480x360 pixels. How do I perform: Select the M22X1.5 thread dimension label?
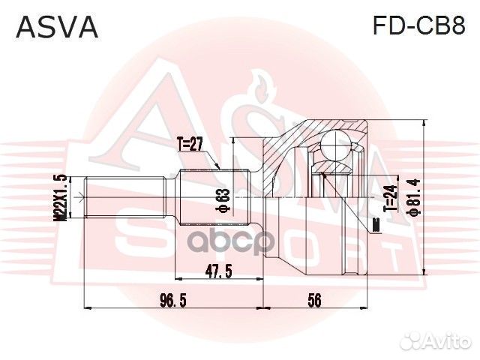point(62,197)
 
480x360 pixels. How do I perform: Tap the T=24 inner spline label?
point(389,197)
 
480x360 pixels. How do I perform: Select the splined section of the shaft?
point(214,196)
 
